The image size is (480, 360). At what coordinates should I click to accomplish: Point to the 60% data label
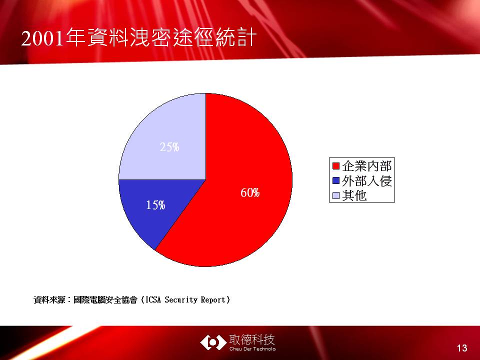pyautogui.click(x=250, y=193)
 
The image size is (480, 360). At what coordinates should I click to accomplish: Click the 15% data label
pyautogui.click(x=155, y=205)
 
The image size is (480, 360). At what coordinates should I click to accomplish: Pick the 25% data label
pyautogui.click(x=169, y=147)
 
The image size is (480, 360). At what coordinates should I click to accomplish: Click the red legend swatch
pyautogui.click(x=336, y=166)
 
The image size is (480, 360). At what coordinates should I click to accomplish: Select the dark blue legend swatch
pyautogui.click(x=336, y=180)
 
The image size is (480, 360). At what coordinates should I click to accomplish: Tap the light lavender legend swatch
pyautogui.click(x=336, y=195)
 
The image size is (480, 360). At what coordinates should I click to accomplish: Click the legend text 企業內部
pyautogui.click(x=367, y=166)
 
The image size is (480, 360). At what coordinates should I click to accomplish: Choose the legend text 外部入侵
pyautogui.click(x=367, y=181)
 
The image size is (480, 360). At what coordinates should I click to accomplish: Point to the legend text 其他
pyautogui.click(x=354, y=195)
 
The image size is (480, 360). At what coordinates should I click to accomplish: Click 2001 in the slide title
pyautogui.click(x=43, y=38)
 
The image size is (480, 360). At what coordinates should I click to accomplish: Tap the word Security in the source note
pyautogui.click(x=181, y=299)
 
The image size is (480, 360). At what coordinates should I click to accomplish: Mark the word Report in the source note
pyautogui.click(x=213, y=300)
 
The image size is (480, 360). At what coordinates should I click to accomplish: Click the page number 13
pyautogui.click(x=462, y=348)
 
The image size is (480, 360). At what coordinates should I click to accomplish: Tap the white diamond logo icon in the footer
pyautogui.click(x=213, y=342)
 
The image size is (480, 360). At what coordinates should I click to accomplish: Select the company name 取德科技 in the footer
pyautogui.click(x=252, y=340)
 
